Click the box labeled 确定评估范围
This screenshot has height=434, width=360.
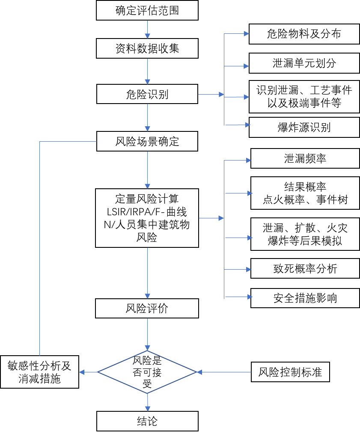click(x=147, y=10)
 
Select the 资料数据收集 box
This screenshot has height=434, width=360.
click(x=147, y=48)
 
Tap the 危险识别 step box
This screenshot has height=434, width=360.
click(x=147, y=94)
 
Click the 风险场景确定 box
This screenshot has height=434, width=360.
click(x=147, y=141)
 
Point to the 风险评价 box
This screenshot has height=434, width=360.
click(x=147, y=308)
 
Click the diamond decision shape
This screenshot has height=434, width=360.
click(x=147, y=372)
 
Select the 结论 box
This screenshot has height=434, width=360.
click(x=147, y=421)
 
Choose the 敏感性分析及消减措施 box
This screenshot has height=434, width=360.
click(x=39, y=372)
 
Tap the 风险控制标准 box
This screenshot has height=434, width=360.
click(x=290, y=372)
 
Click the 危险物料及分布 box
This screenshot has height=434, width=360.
click(x=304, y=34)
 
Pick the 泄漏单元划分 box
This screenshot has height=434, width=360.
click(x=304, y=64)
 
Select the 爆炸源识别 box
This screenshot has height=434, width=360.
click(x=304, y=127)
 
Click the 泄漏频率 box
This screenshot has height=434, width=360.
click(x=305, y=158)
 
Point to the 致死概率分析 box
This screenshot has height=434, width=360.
click(x=305, y=268)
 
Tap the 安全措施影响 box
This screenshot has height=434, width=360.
click(x=305, y=298)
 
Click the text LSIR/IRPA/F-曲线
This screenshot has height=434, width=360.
click(x=147, y=212)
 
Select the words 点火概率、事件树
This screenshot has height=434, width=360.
click(x=305, y=199)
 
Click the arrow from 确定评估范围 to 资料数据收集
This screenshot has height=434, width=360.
click(x=147, y=29)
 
